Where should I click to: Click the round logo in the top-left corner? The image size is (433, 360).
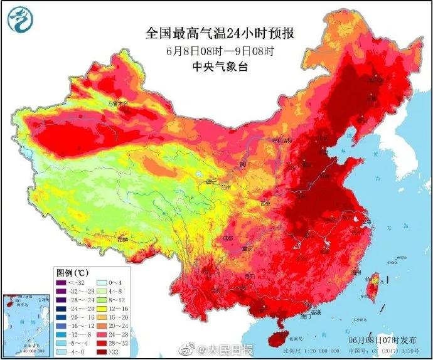(19, 20)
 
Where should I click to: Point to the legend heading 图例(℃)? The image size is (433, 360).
(72, 273)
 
